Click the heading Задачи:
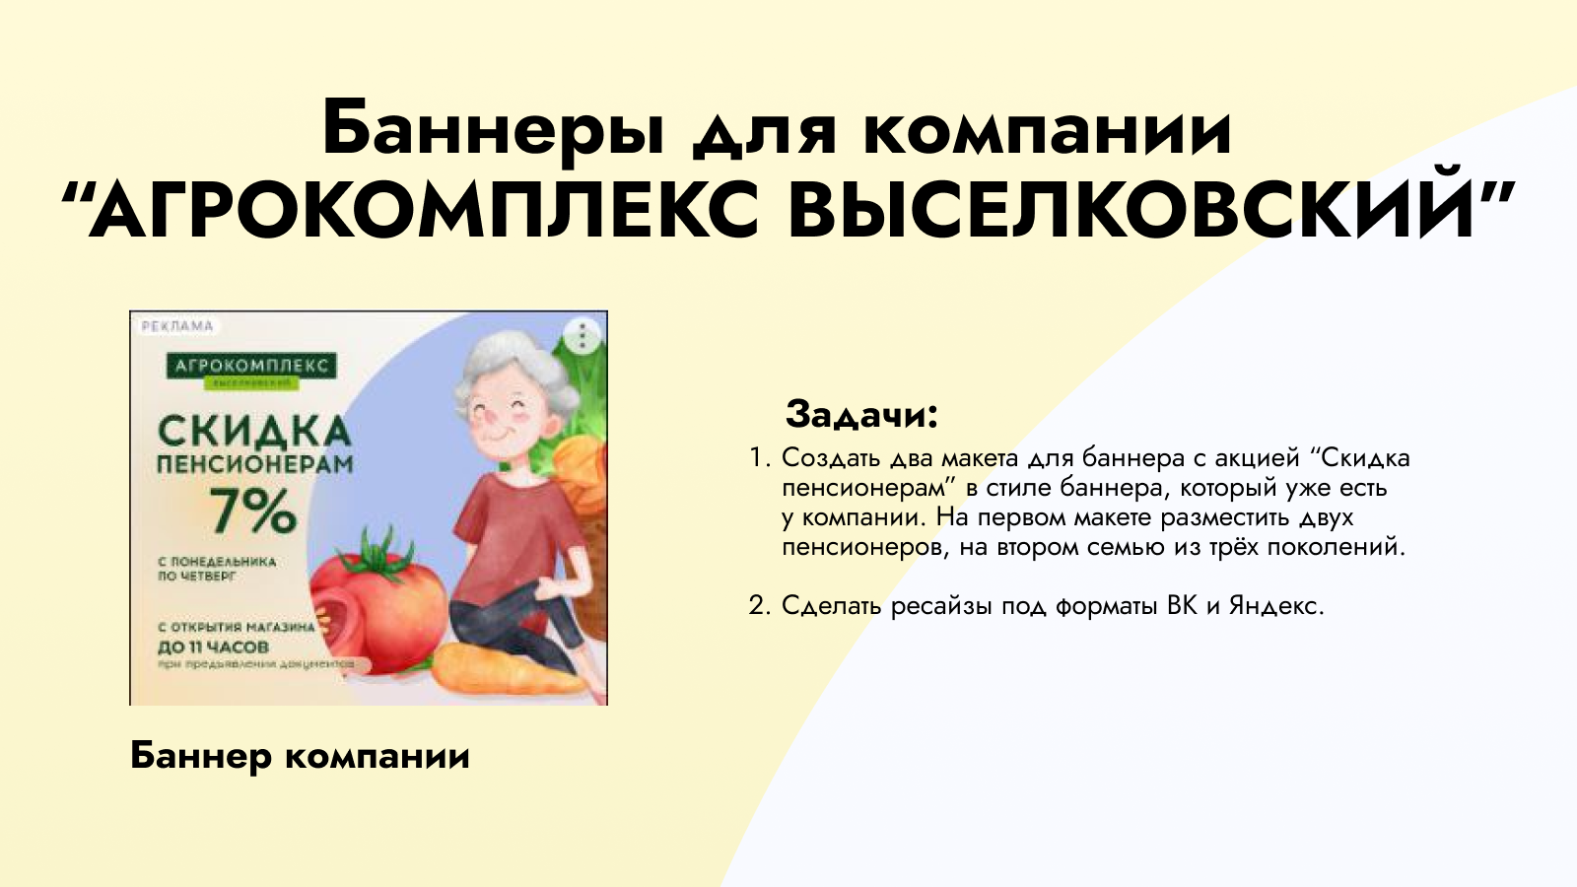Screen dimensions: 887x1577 (861, 414)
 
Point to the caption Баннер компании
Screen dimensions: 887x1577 (300, 756)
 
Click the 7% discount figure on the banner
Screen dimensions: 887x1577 (252, 511)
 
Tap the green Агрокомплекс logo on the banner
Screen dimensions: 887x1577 (251, 369)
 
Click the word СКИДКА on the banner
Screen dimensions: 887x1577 (253, 431)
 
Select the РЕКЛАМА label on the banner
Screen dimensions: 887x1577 (177, 326)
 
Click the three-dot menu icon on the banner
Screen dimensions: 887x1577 (583, 336)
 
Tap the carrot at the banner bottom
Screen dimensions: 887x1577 (503, 670)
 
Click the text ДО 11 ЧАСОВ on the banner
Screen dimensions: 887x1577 (213, 648)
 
